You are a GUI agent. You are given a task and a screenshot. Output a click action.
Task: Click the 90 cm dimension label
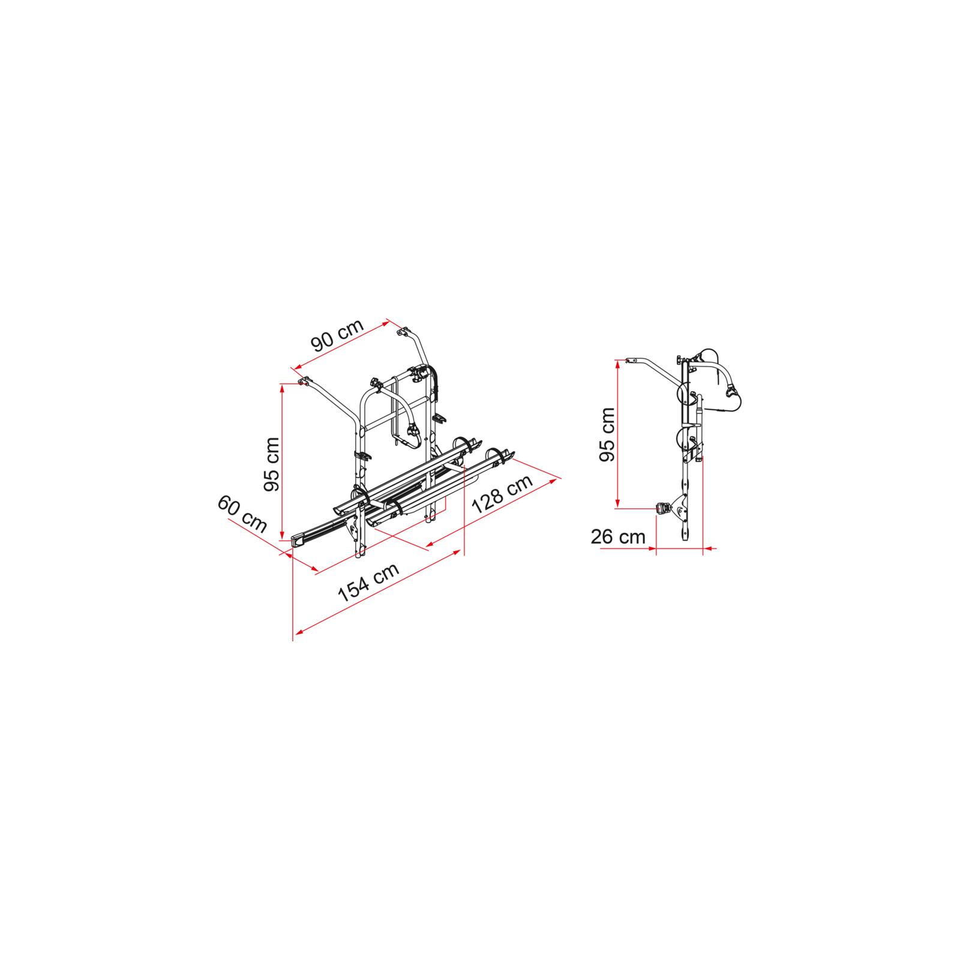point(337,335)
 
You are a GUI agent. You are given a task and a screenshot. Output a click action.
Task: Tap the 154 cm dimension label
point(368,583)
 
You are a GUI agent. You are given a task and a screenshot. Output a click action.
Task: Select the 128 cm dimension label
point(502,494)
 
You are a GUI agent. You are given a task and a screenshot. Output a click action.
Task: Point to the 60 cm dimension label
point(242,514)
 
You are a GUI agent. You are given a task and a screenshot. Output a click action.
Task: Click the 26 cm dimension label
point(618,536)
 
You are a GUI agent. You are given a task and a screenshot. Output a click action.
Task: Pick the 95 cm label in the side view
point(607,434)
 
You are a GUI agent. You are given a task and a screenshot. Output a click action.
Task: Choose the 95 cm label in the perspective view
point(272,464)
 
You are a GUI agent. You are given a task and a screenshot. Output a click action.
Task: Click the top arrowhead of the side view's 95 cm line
point(617,364)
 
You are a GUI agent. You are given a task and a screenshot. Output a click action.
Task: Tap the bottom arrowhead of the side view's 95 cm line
point(617,504)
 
